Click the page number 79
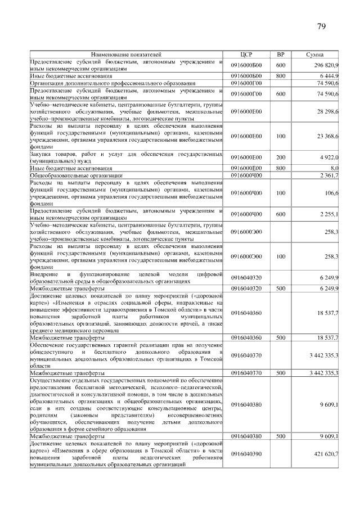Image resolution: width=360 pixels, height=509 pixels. [x=322, y=26]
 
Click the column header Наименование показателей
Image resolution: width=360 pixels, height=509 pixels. [x=126, y=55]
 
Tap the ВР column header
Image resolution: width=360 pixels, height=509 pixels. [x=281, y=55]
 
